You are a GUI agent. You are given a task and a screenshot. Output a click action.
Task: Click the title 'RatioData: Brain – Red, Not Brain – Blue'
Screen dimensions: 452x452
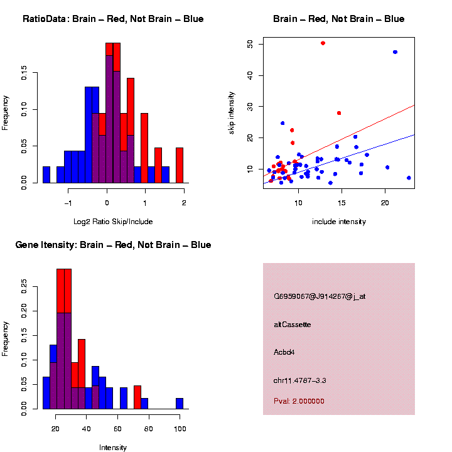113,19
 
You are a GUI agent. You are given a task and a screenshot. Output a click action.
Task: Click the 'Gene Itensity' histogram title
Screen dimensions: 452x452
113,245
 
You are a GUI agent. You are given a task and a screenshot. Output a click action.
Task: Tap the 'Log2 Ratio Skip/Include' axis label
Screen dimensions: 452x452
113,222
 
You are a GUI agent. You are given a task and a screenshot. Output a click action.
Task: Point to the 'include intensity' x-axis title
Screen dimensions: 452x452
339,222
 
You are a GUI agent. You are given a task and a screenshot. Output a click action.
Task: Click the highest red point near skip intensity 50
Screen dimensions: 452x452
323,43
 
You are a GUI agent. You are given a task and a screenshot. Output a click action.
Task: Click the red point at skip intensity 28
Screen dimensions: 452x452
339,113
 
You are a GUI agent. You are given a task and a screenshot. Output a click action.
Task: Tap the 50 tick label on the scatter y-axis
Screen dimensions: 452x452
250,44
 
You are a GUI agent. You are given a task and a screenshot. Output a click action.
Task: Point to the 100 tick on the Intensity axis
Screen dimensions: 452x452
180,428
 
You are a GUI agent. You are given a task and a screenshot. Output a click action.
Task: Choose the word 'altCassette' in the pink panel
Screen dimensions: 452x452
292,325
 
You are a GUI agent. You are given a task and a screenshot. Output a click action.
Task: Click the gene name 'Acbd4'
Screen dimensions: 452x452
284,352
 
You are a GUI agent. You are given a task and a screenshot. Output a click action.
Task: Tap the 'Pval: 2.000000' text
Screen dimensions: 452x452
299,401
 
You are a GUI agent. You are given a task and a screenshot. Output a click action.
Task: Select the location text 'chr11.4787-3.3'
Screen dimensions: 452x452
299,380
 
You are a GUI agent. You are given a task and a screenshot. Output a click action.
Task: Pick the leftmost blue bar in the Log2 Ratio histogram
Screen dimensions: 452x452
46,176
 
